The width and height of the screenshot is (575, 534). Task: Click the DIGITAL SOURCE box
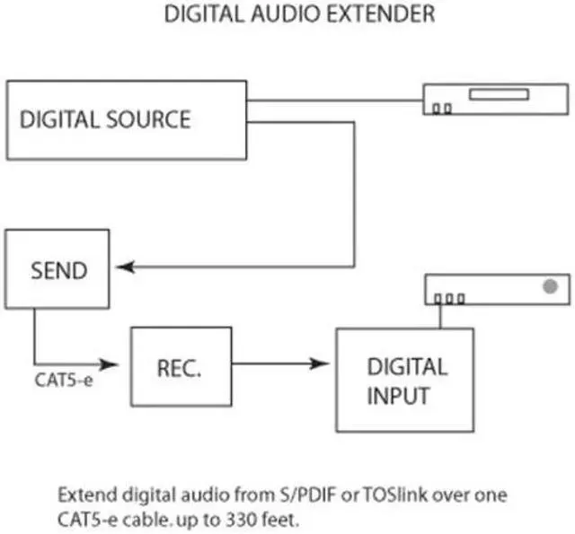(x=127, y=120)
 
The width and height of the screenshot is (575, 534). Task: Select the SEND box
(x=57, y=269)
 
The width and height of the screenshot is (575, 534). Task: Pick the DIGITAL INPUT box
(x=404, y=380)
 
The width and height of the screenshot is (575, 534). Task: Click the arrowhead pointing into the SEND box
(x=124, y=267)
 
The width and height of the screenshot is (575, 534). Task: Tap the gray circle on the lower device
(x=550, y=286)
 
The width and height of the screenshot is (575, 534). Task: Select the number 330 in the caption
(x=231, y=518)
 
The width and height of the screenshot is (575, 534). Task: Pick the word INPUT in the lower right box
(x=399, y=396)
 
